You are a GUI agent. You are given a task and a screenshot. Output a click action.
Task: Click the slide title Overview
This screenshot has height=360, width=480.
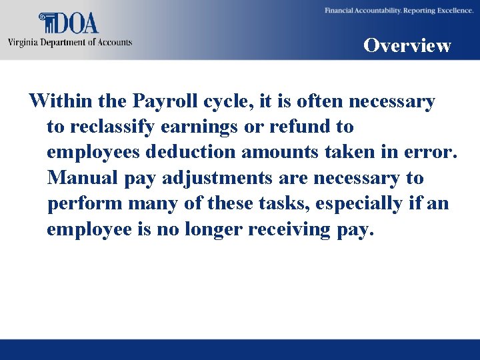[x=407, y=45]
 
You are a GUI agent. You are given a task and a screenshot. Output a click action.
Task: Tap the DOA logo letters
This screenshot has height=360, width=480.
[x=77, y=24]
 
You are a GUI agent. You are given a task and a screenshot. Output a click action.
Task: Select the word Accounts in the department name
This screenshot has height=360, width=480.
[x=114, y=43]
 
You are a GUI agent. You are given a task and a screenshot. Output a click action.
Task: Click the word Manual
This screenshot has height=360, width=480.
[x=80, y=179]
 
